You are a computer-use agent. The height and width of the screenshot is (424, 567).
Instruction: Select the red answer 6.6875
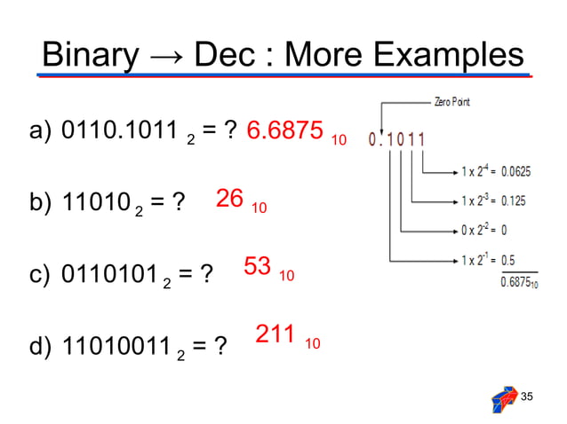[x=284, y=131]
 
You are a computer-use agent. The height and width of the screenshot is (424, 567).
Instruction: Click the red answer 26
[x=230, y=199]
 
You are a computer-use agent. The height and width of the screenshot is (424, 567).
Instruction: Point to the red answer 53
[x=257, y=266]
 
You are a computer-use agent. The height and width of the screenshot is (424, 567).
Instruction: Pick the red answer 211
[x=276, y=334]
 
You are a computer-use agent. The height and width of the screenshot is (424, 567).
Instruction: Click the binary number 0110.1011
[x=121, y=132]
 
